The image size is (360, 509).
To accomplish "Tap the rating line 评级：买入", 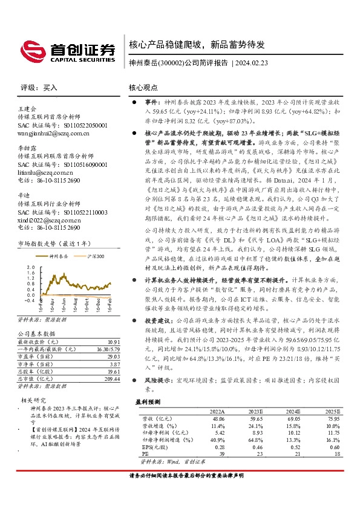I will point(39,87).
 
